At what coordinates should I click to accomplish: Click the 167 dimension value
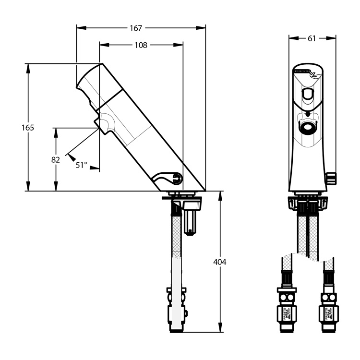point(136,28)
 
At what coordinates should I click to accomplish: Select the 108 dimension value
point(141,45)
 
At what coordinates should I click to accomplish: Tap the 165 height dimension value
point(28,128)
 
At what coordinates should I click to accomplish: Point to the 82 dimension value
point(56,159)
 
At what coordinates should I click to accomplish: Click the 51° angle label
point(82,165)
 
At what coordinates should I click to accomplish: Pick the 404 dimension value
point(220,262)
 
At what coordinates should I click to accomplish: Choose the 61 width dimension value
point(312,38)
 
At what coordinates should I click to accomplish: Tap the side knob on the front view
point(331,178)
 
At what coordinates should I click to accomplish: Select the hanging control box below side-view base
point(191,216)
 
